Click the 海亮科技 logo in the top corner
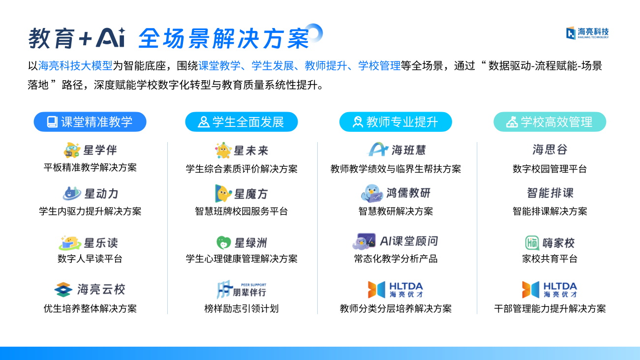pos(587,33)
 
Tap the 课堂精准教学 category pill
pos(90,121)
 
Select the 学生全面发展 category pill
pos(242,121)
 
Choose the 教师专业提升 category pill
pos(396,121)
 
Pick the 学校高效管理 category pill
pos(549,121)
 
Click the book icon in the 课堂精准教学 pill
pos(52,122)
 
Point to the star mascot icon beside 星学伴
pos(72,150)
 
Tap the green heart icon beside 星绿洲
pos(224,242)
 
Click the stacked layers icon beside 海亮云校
pos(63,290)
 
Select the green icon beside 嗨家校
pos(532,243)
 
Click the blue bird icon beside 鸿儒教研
pos(371,193)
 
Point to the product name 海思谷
pos(550,150)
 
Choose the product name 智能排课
pos(550,193)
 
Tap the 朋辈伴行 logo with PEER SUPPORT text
pos(242,290)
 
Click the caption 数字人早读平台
pos(90,259)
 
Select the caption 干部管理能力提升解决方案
pos(550,308)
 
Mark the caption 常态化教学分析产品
pos(396,259)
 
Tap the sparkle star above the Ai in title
pos(122,30)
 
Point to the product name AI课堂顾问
pos(409,241)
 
